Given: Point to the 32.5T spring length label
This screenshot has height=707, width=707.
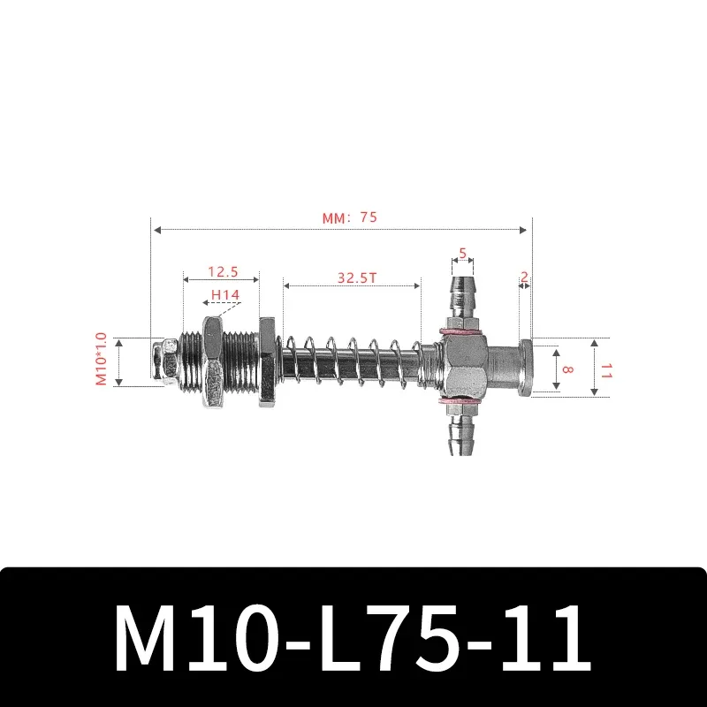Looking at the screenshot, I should point(357,277).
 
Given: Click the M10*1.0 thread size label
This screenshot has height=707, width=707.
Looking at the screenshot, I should point(101,359).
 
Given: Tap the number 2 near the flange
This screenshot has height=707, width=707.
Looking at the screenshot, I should point(524,277).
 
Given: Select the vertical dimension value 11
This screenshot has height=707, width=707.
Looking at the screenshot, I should point(606,369).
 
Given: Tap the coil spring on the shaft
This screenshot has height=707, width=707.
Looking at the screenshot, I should point(353,361).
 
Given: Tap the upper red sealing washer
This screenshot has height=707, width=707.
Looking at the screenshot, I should point(460,332).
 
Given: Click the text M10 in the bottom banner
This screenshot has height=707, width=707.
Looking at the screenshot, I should point(190,638).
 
